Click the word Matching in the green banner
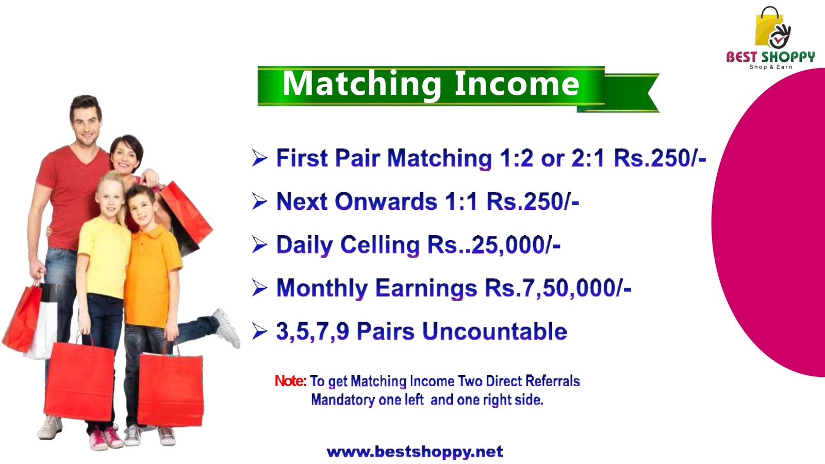(x=361, y=85)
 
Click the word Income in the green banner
(x=517, y=84)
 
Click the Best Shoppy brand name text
(x=770, y=57)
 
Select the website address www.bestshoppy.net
(x=415, y=452)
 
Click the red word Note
(x=291, y=381)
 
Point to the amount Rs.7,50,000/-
(x=558, y=288)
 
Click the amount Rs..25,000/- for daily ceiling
(x=494, y=244)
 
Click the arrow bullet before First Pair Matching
(x=260, y=158)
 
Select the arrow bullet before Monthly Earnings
(x=260, y=288)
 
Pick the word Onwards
(x=386, y=202)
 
